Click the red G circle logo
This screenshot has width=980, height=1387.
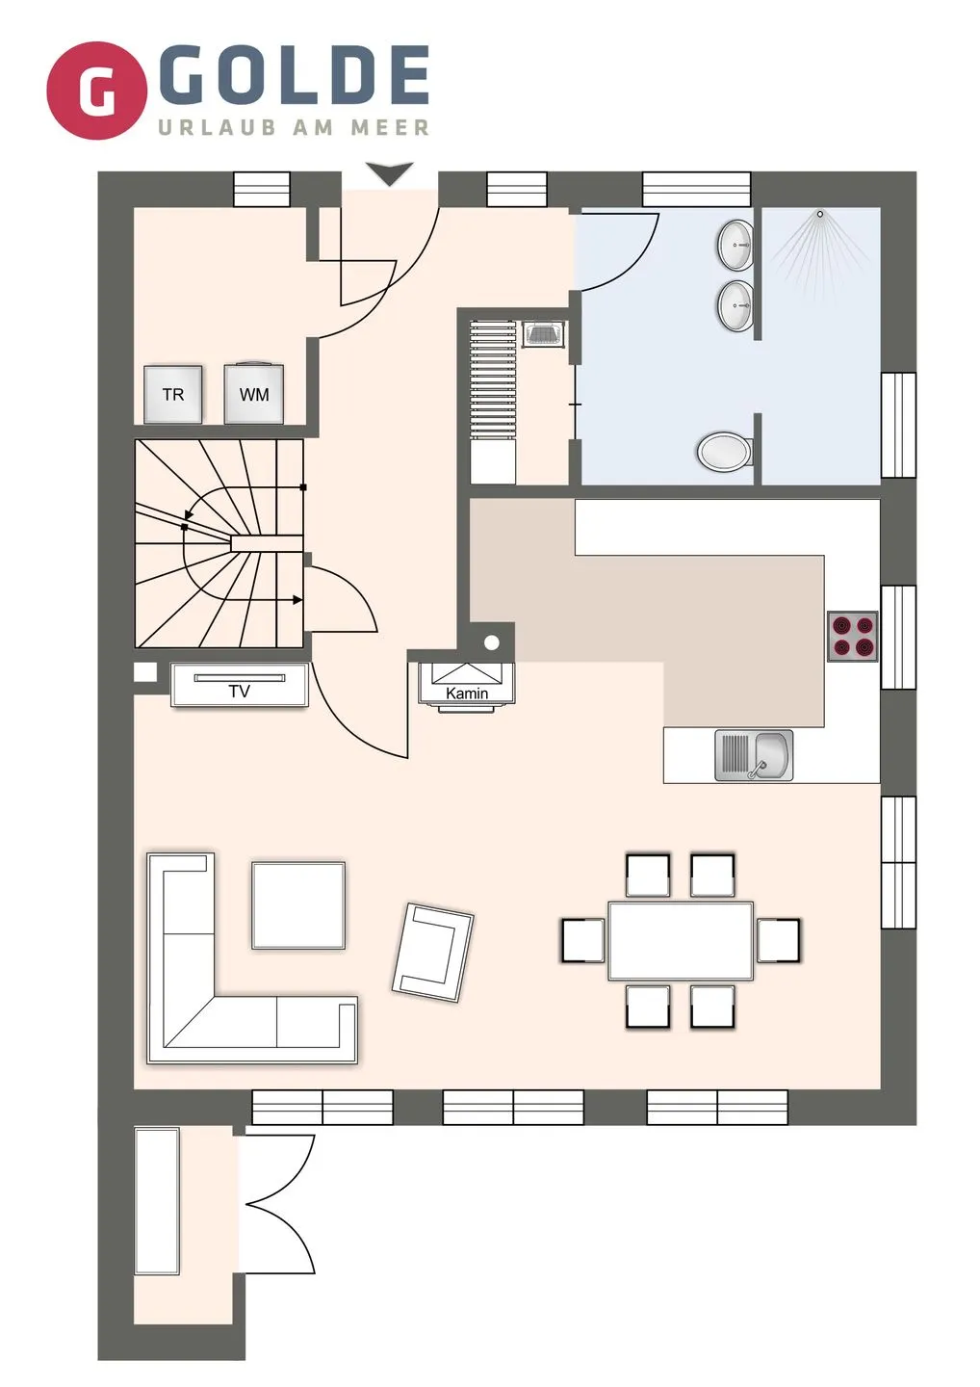point(96,91)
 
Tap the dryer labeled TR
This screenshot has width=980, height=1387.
point(173,395)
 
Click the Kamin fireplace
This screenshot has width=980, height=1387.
point(467,685)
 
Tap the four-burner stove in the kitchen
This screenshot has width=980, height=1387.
point(853,636)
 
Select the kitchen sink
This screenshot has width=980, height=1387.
point(754,755)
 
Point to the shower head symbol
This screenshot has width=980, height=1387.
point(820,214)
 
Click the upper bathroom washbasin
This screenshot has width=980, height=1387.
point(735,245)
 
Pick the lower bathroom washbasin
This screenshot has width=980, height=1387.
point(735,304)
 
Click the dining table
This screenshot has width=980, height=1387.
point(681,941)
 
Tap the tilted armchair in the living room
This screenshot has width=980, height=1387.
point(433,953)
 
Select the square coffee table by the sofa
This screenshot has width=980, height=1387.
point(298,905)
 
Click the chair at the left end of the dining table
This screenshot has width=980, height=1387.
point(582,940)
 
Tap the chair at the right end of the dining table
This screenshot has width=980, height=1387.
point(778,940)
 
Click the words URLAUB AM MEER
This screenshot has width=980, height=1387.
point(294,128)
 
